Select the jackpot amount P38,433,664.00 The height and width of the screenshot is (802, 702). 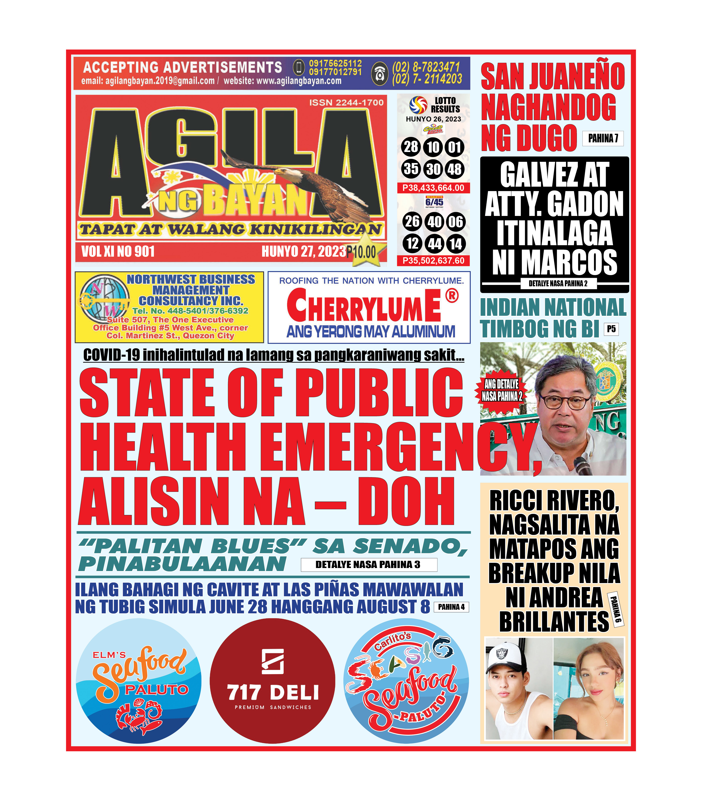433,188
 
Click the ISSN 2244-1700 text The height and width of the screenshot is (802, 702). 346,103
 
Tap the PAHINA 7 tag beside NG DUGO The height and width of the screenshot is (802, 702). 603,138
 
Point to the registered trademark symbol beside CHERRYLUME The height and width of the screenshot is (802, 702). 452,296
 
